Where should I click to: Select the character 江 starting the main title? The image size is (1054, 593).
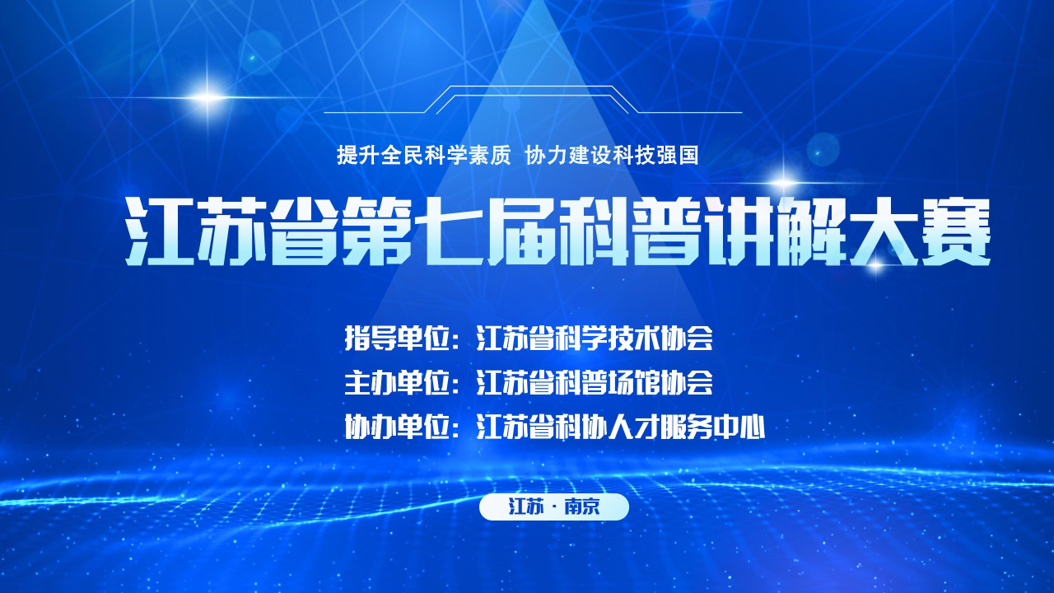point(160,231)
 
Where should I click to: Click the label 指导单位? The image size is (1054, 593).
point(397,338)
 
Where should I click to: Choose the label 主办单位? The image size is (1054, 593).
point(397,383)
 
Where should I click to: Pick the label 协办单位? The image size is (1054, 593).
point(397,427)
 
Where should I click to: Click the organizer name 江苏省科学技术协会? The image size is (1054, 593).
point(595,338)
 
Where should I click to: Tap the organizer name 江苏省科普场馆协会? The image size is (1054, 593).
point(595,383)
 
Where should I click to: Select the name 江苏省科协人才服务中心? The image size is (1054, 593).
point(621,427)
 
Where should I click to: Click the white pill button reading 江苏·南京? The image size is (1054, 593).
point(554,507)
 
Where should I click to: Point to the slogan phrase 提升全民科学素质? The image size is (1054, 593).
point(423,155)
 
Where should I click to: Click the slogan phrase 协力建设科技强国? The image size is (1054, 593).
point(612,155)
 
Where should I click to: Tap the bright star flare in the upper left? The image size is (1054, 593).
point(207,98)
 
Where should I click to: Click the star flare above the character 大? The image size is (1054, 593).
point(783,182)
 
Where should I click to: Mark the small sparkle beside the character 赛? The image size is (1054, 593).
point(875,265)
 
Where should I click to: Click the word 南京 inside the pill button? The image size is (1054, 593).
point(582,507)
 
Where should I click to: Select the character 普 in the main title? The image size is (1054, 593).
point(667,231)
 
